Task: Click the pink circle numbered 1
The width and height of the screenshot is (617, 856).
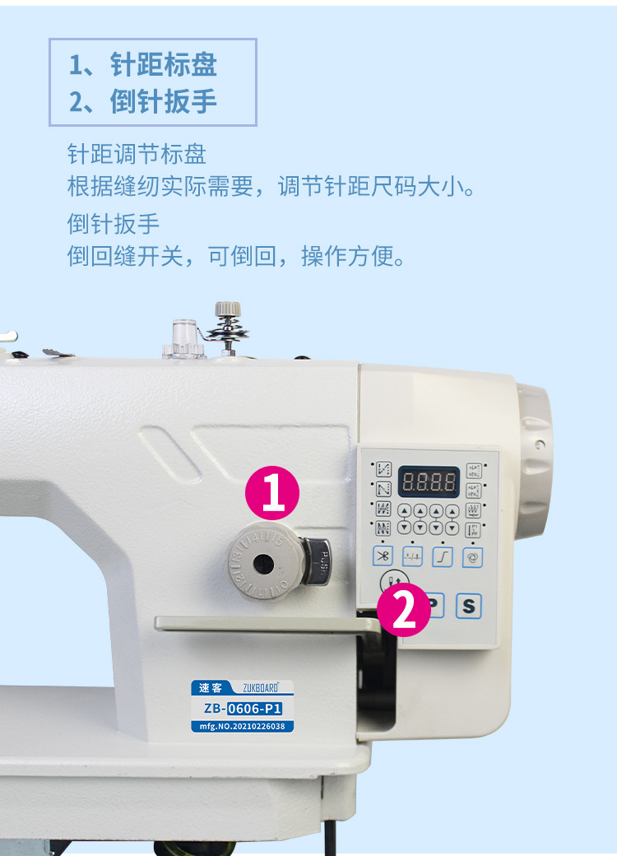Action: [x=273, y=493]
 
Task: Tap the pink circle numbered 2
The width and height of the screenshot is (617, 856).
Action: [x=404, y=610]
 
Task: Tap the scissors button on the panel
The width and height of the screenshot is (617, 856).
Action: [x=383, y=556]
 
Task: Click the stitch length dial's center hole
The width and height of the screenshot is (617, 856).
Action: [x=262, y=563]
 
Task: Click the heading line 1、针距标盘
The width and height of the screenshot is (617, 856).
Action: [x=143, y=65]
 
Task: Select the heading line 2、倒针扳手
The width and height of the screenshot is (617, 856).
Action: [x=143, y=101]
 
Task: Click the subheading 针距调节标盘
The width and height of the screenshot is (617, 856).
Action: [x=137, y=154]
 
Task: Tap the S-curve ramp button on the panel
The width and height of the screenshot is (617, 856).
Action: [x=443, y=556]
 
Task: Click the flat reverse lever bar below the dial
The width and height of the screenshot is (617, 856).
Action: [x=263, y=624]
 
